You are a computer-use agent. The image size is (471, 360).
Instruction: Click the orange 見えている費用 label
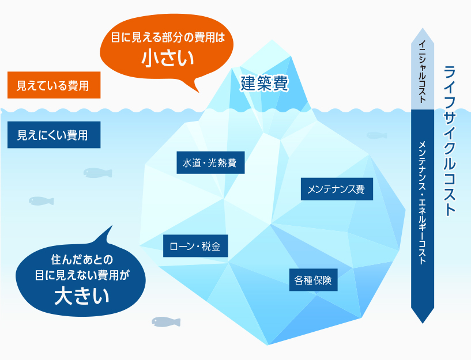[54, 85]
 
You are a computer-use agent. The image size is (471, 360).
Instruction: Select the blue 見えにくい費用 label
[54, 135]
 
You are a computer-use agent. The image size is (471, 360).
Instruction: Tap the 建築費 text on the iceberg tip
[265, 83]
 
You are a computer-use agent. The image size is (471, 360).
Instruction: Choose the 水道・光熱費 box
[210, 162]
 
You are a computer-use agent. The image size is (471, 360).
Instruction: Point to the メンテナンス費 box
[337, 189]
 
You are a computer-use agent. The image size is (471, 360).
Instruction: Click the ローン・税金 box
[195, 246]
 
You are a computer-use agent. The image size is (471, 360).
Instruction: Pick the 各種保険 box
[313, 280]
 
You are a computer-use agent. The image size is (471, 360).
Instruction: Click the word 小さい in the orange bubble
[168, 58]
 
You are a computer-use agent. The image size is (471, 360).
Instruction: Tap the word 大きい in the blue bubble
[82, 296]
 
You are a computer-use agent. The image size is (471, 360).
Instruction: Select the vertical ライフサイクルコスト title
[449, 141]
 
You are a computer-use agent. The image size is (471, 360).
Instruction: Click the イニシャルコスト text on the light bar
[423, 71]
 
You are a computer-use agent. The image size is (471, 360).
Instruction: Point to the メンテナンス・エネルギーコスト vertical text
[423, 203]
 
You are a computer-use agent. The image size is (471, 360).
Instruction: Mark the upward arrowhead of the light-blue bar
[423, 35]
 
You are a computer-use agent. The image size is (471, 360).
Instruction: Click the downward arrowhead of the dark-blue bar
[423, 316]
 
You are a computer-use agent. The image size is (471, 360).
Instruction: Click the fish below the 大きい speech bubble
[166, 322]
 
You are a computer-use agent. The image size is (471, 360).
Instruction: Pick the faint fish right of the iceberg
[377, 135]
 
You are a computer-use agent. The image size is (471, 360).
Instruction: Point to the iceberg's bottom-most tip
[268, 344]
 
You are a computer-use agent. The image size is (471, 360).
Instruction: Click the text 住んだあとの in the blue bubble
[82, 260]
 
